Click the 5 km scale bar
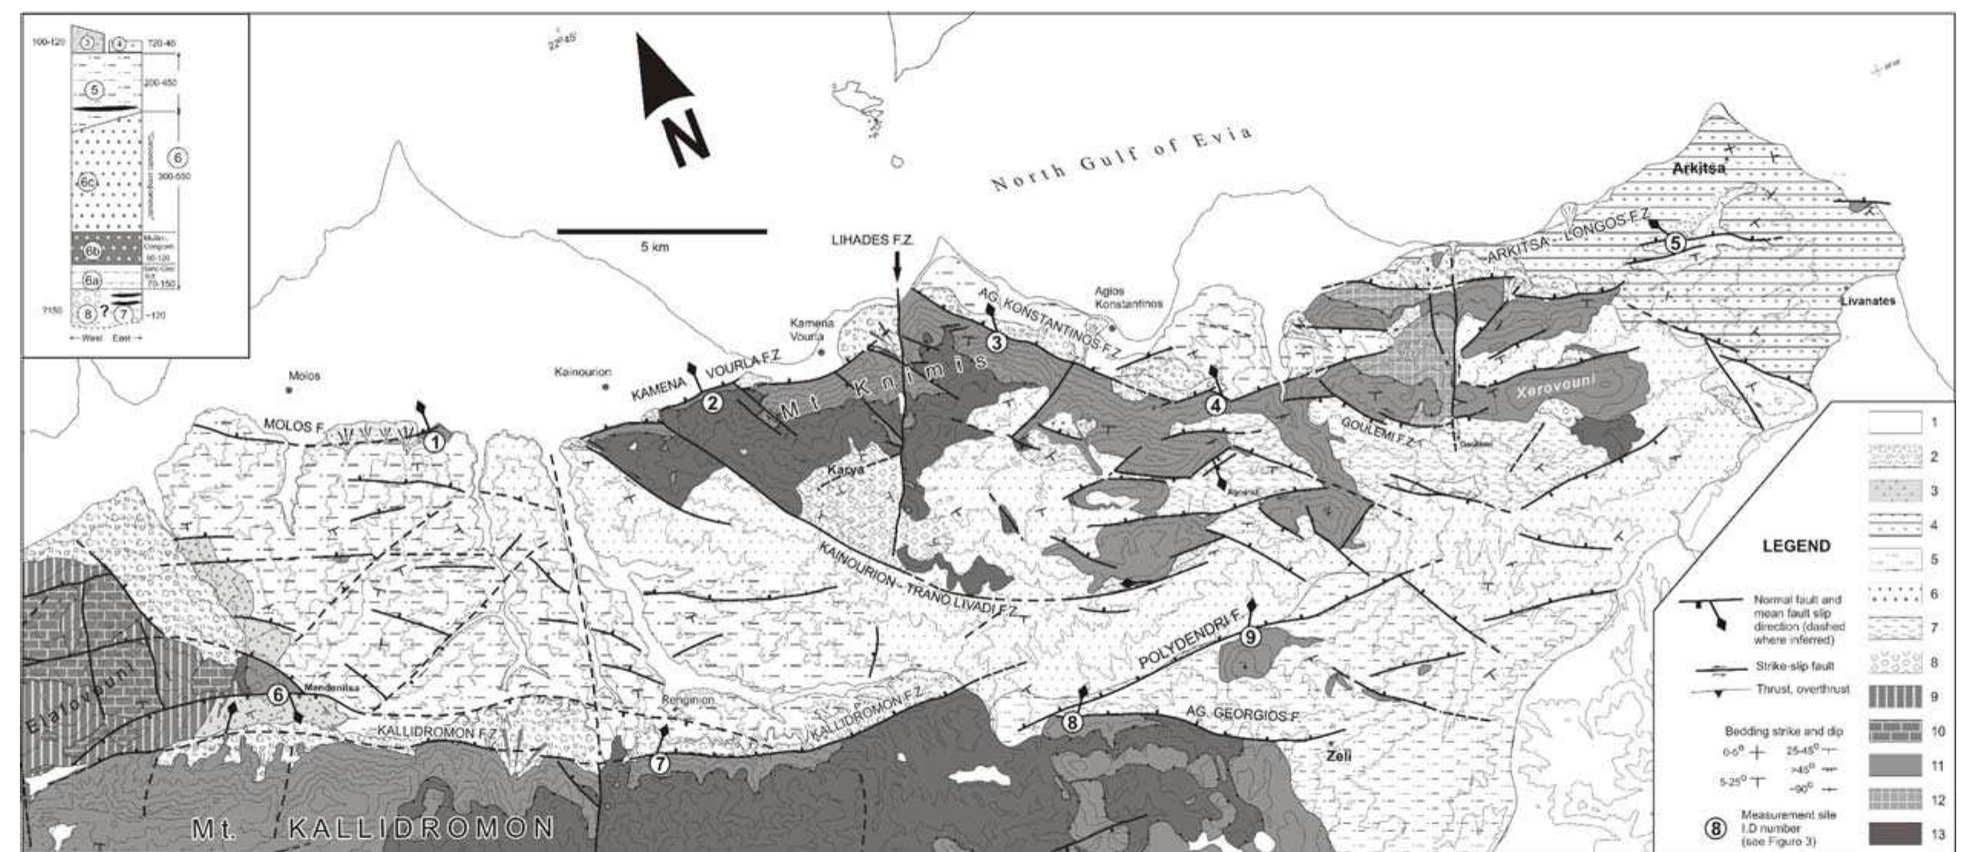tap(661, 230)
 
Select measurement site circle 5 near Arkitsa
tap(1674, 244)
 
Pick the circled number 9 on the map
tap(1250, 637)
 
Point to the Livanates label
tap(1867, 301)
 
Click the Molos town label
tap(304, 377)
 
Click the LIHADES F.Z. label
tap(873, 240)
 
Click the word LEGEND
tap(1796, 546)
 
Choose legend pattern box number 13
tap(1895, 834)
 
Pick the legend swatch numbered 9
tap(1895, 697)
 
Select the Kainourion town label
tap(583, 372)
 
